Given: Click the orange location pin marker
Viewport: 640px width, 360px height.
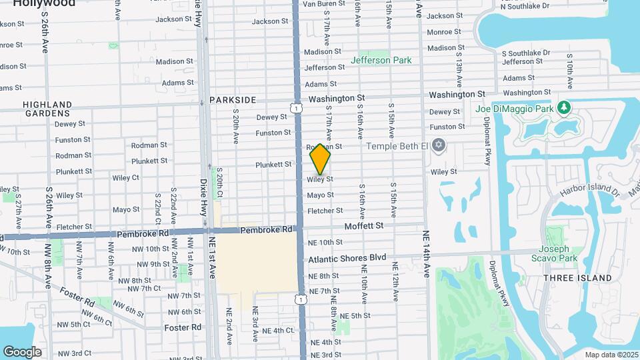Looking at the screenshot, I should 321,159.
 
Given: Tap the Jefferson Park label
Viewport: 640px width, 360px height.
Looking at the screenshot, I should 382,60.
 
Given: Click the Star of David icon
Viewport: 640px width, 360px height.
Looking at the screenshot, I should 438,145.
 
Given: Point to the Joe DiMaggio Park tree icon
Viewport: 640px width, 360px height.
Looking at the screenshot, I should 564,108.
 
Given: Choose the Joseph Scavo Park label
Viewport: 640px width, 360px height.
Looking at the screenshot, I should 554,253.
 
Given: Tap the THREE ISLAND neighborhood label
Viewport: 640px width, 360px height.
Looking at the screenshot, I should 577,277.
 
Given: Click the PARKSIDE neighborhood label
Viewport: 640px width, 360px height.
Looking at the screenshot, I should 233,99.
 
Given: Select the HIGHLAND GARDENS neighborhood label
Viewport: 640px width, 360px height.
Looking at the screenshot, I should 47,109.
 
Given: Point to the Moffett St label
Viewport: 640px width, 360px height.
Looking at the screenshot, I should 364,226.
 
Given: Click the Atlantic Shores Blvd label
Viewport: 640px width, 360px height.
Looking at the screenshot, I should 347,257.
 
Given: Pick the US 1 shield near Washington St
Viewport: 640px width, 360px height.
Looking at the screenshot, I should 294,107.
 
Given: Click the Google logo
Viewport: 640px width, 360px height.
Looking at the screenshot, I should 22,351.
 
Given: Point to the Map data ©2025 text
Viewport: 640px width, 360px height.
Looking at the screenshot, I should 611,354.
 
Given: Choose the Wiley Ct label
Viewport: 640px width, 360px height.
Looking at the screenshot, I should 125,177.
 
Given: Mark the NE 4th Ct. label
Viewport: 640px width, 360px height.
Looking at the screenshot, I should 278,331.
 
